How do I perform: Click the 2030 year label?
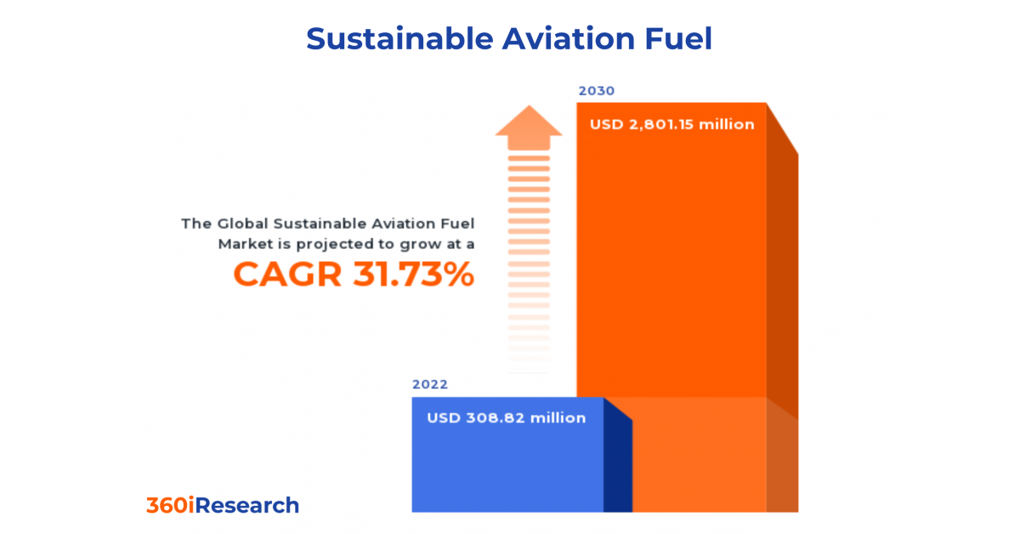596,91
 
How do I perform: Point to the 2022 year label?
430,384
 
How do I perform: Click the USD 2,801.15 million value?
671,124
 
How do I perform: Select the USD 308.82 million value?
506,418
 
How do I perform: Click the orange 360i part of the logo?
173,505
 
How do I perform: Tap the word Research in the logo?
250,505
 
